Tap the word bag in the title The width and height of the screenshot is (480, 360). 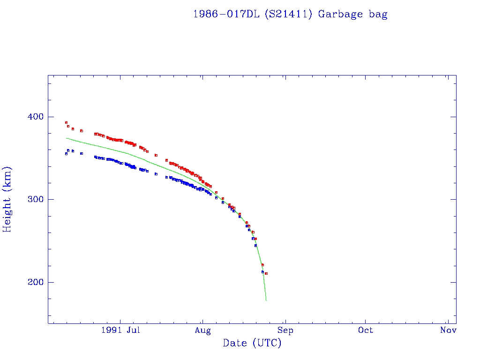pos(378,15)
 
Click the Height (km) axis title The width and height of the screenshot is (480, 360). pos(7,199)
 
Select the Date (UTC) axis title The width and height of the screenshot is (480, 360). pos(252,343)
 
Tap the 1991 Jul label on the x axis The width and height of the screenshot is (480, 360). pos(120,330)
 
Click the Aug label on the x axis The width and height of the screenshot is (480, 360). pos(202,330)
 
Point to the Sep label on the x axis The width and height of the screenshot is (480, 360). pos(285,330)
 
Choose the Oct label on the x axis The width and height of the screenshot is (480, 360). pos(366,330)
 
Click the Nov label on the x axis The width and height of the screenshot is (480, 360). pos(449,330)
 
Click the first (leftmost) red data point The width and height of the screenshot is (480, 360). pos(66,122)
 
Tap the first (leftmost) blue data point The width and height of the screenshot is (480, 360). pos(66,153)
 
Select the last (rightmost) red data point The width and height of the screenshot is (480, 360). pos(266,273)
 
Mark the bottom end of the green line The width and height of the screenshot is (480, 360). pos(266,300)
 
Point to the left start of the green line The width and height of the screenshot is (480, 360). pos(67,138)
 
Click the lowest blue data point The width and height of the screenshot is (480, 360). pos(262,272)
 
